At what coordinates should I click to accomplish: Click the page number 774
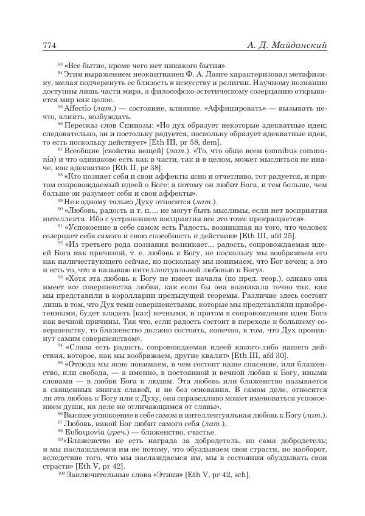[x=50, y=46]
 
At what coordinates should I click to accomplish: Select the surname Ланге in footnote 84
[x=211, y=74]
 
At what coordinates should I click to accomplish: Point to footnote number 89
[x=60, y=201]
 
